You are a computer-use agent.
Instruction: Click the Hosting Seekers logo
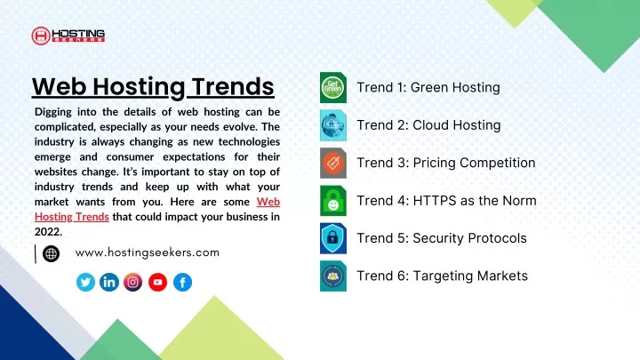[68, 36]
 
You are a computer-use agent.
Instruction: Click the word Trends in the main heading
[233, 86]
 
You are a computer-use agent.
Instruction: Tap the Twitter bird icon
[85, 282]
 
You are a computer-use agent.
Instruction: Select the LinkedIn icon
[109, 282]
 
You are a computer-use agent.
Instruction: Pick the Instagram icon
[133, 282]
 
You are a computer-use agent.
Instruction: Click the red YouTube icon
[158, 282]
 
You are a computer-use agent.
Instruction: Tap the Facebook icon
[182, 282]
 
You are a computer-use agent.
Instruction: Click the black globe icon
[51, 254]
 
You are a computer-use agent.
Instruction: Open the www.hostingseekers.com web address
[148, 252]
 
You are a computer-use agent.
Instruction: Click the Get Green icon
[333, 88]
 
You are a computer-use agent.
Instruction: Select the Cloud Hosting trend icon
[333, 125]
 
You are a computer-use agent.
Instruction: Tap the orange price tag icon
[333, 164]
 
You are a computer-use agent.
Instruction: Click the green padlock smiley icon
[333, 201]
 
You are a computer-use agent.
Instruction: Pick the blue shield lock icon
[333, 238]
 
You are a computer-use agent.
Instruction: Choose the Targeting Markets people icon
[333, 276]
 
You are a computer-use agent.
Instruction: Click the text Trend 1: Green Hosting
[428, 87]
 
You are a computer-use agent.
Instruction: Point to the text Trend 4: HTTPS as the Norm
[446, 200]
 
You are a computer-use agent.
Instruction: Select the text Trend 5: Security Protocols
[442, 238]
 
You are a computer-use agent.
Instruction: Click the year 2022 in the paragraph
[48, 232]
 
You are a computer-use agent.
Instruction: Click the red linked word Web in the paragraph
[268, 202]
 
